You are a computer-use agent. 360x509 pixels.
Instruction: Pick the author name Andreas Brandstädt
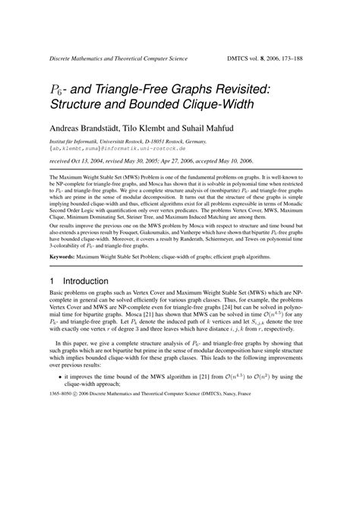click(x=84, y=126)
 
